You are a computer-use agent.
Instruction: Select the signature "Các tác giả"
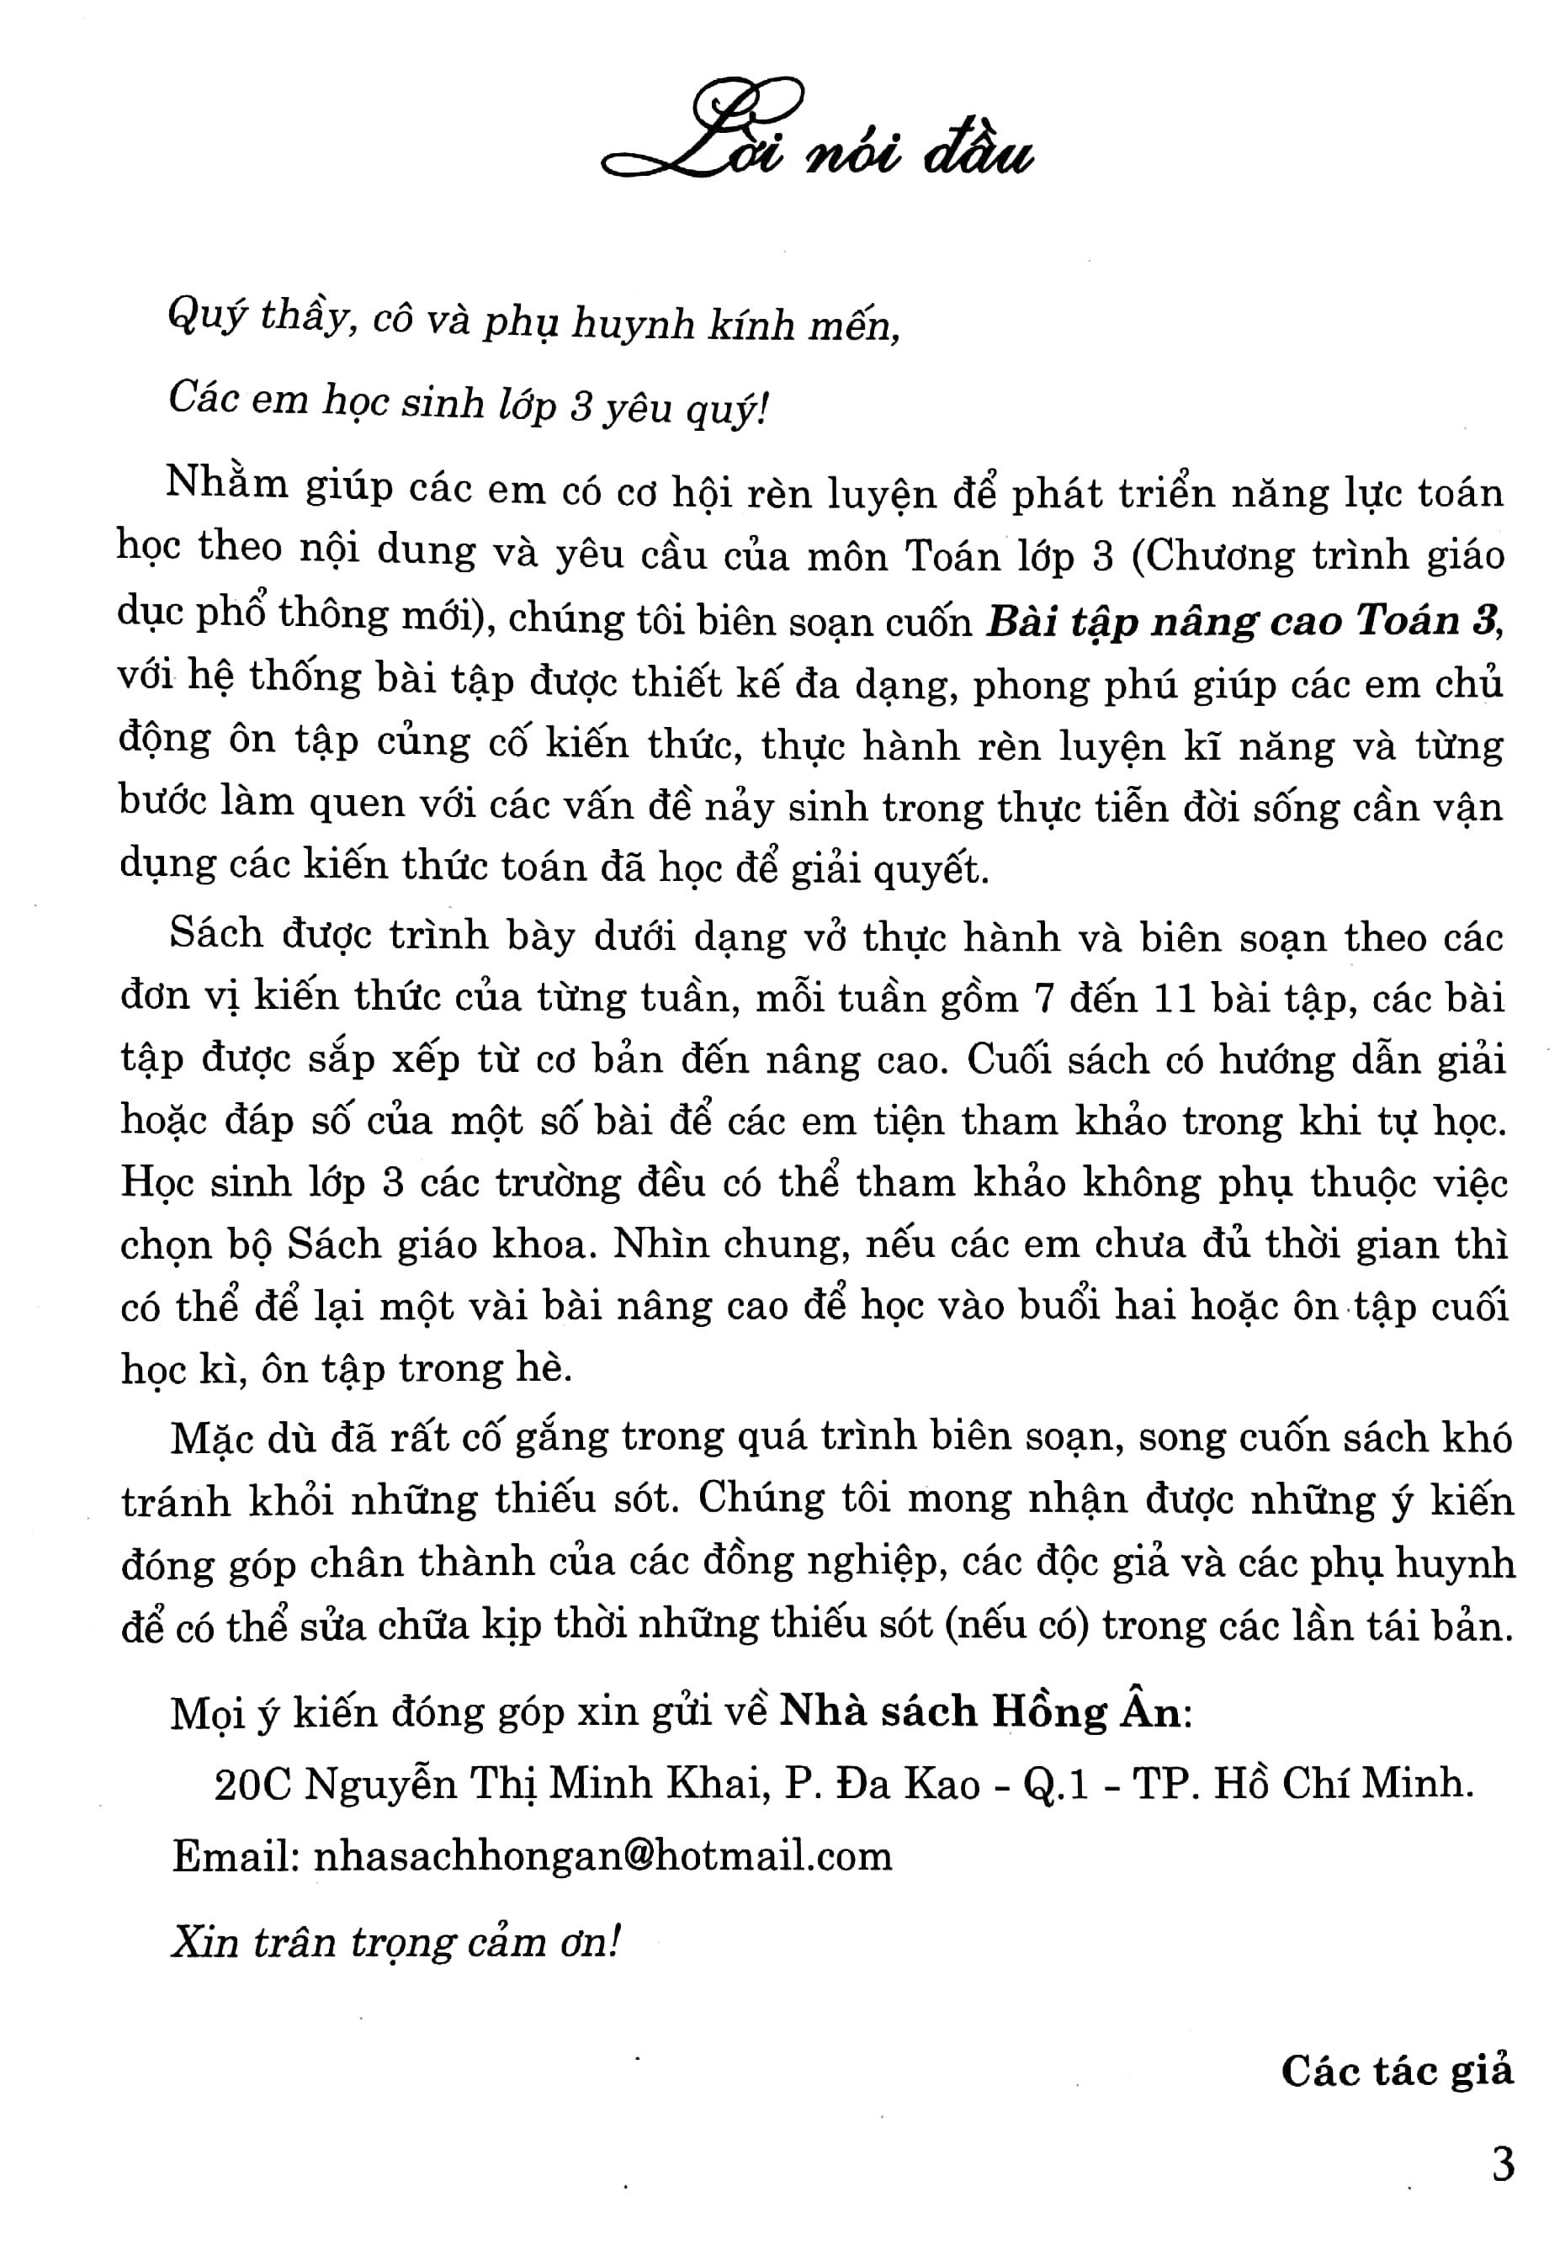click(x=1397, y=2071)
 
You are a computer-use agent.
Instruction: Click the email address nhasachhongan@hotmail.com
click(x=602, y=1856)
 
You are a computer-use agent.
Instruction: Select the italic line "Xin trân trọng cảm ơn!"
click(x=396, y=1941)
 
